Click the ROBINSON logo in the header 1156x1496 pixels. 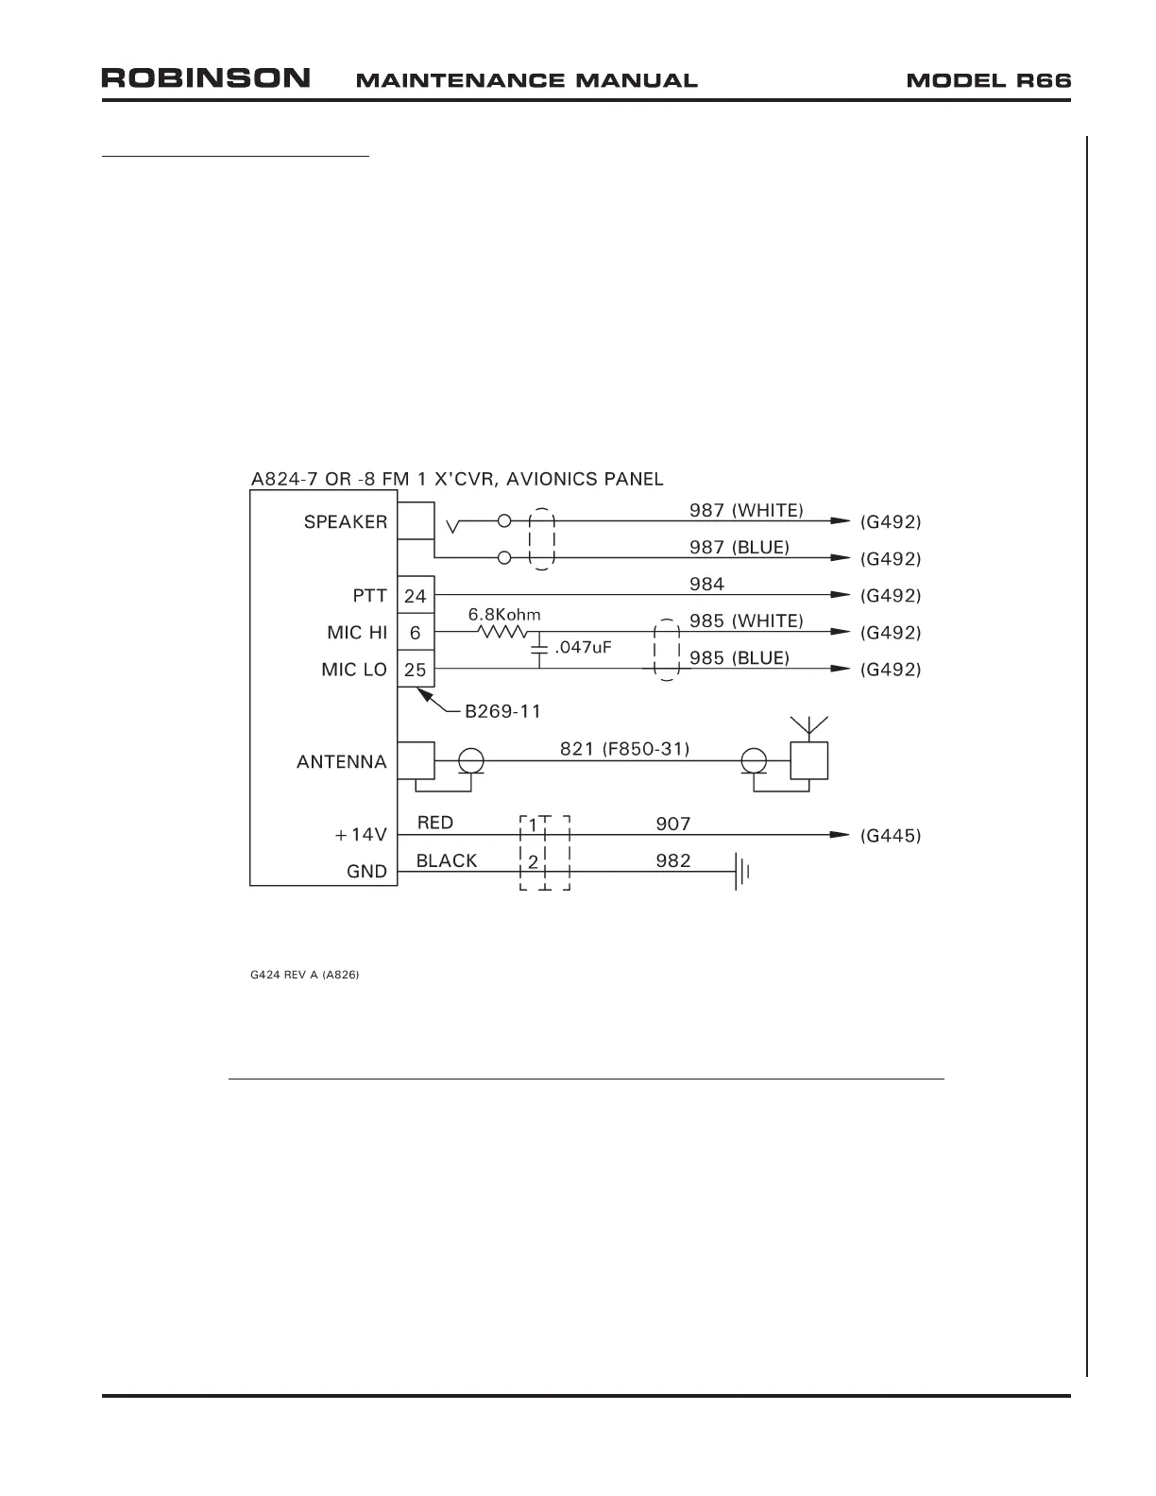point(206,78)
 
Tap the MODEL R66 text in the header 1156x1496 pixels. point(989,80)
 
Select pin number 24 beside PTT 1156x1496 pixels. point(416,596)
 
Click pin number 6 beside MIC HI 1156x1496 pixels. point(416,633)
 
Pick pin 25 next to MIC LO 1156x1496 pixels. point(416,670)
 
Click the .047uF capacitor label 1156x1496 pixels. point(585,648)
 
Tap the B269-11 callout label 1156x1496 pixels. point(503,710)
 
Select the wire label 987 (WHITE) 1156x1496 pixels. point(746,510)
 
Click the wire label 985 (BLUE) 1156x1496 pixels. point(739,657)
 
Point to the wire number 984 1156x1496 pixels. point(706,584)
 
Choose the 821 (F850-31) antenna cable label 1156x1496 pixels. point(624,749)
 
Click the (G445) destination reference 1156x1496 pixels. point(891,836)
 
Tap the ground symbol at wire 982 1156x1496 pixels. point(742,872)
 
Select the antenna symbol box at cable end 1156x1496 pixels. point(809,760)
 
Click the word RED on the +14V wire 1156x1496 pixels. point(435,823)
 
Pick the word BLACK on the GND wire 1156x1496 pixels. point(447,860)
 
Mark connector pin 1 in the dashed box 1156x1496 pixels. point(533,824)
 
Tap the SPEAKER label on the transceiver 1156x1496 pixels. point(345,522)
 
